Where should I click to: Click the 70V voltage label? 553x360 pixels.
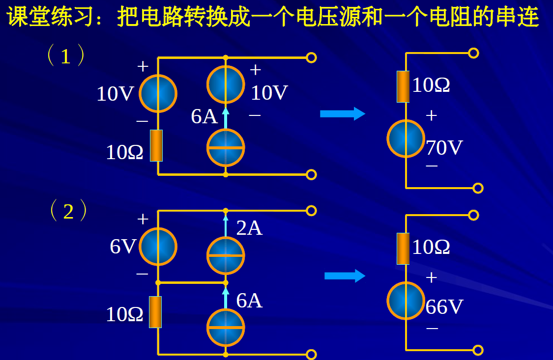point(444,148)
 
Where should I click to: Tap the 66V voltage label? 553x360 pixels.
point(444,307)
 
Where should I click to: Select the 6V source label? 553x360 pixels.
point(122,247)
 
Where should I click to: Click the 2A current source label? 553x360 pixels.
point(249,228)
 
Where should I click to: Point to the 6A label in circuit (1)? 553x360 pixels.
point(204,117)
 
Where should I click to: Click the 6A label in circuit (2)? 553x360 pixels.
point(249,301)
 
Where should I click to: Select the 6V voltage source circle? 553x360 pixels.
point(158,247)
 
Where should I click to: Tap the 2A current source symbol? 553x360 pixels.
point(226,255)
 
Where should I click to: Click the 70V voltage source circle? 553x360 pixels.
point(406,138)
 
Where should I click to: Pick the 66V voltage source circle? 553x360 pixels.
point(406,301)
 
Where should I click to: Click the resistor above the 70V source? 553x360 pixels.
point(403,86)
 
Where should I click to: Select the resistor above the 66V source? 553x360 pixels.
point(403,249)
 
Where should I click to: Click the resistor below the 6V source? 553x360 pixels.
point(155,312)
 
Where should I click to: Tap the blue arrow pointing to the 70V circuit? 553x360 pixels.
point(343,114)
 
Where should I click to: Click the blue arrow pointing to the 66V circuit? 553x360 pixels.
point(345,276)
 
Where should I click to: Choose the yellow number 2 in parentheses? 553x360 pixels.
point(68,212)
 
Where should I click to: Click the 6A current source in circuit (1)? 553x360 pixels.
point(226,147)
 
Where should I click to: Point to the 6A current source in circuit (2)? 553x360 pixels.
point(226,328)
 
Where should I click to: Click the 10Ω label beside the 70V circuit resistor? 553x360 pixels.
point(431,85)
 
